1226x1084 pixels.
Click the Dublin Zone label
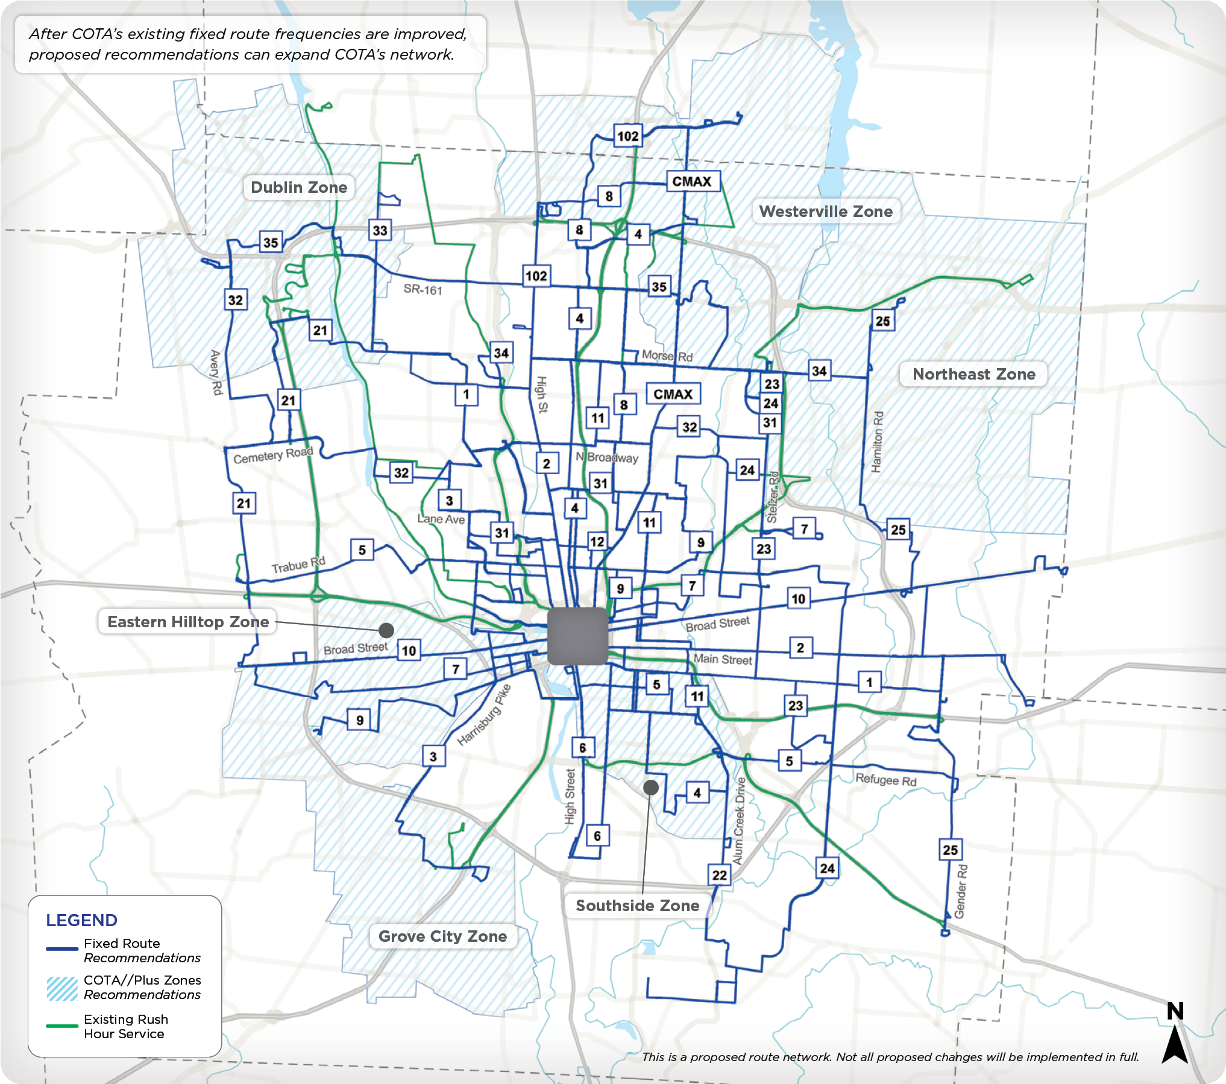coord(299,187)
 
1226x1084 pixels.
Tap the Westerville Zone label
coord(826,211)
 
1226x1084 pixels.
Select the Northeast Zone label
coord(973,374)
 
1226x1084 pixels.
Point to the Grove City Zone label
coord(442,936)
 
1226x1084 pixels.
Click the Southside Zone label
coord(637,906)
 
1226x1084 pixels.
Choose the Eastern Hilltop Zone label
coord(188,622)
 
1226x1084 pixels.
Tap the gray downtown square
coord(577,636)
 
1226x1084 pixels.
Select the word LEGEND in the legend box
coord(81,920)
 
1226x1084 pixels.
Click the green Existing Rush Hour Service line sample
coord(62,1026)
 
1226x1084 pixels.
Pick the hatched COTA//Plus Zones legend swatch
coord(62,989)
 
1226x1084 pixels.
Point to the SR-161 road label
coord(423,290)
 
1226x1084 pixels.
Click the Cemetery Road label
coord(273,456)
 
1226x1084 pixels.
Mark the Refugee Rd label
coord(885,780)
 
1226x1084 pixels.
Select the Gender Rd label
coord(961,891)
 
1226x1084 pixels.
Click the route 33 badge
coord(380,230)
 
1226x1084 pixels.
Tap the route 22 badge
coord(719,875)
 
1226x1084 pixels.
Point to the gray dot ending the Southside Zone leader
coord(650,787)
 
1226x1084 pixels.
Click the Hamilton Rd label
coord(878,441)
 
